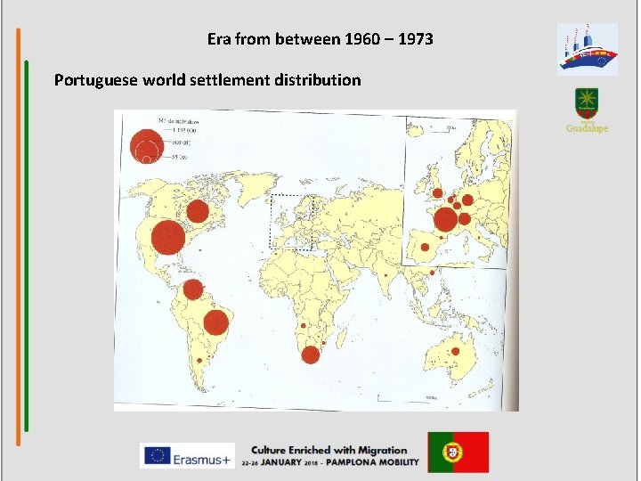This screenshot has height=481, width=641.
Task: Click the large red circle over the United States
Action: (167, 238)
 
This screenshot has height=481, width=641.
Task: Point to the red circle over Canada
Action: (198, 212)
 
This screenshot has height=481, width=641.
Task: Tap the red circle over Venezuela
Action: (192, 289)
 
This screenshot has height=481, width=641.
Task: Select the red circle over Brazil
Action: (216, 320)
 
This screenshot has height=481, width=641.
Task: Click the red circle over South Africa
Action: (310, 355)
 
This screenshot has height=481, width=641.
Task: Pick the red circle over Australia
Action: (462, 354)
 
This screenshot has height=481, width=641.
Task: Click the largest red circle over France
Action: (446, 219)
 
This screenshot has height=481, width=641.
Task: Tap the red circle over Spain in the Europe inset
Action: (426, 249)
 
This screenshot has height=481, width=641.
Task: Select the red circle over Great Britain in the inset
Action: (437, 192)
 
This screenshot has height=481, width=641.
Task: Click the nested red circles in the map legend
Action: (144, 146)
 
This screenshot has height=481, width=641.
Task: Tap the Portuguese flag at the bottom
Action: (458, 452)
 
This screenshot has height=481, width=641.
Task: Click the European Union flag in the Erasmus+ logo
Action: (158, 455)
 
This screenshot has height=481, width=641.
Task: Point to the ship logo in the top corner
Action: (587, 49)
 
